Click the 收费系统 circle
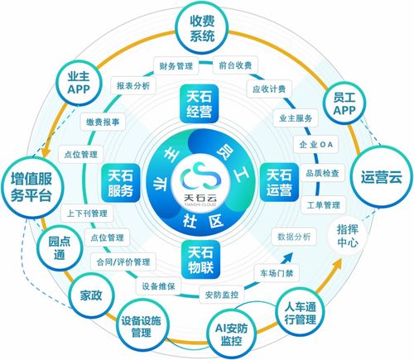(202, 28)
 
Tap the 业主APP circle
(79, 83)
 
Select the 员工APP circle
(344, 103)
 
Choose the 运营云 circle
(382, 177)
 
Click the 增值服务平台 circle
(31, 187)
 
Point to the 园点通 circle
(60, 247)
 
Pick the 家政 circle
(91, 295)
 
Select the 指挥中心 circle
(348, 236)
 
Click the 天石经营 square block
(199, 103)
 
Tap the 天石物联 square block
(200, 260)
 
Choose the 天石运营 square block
(279, 182)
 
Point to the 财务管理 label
(176, 65)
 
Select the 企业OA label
(315, 144)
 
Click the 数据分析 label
(294, 237)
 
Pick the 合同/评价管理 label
(123, 262)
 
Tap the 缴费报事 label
(103, 122)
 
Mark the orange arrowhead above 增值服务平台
(46, 151)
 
